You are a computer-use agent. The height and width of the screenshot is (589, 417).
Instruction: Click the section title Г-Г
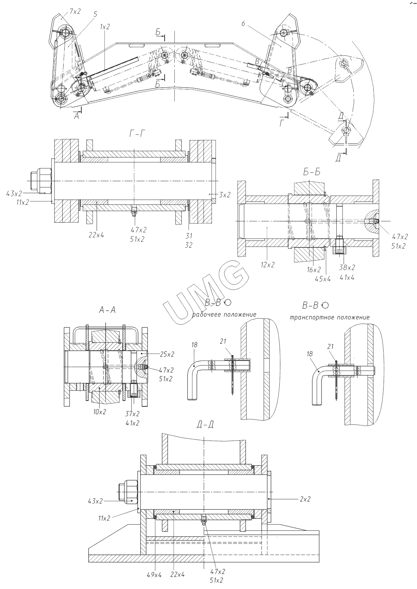pos(137,134)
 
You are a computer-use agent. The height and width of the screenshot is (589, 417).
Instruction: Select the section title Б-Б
pos(312,172)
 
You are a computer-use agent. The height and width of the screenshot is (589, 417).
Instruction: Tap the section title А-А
pos(107,310)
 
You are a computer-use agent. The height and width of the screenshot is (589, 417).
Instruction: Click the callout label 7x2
pos(75,11)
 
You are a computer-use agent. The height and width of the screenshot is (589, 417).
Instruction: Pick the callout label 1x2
pos(105,27)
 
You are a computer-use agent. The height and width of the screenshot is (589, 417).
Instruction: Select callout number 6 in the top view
pos(243,24)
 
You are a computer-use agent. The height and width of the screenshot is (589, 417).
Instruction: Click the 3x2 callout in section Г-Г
pos(225,195)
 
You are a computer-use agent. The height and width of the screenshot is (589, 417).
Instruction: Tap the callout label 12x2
pos(268,265)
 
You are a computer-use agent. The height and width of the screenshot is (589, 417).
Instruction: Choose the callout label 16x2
pos(314,270)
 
